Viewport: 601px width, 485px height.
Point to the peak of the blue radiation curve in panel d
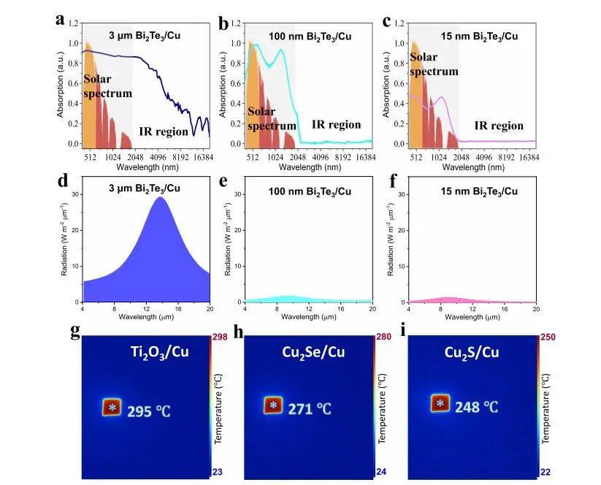[x=159, y=197]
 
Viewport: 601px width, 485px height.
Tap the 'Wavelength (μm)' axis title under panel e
[x=308, y=316]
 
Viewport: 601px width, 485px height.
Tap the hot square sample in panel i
[x=439, y=403]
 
